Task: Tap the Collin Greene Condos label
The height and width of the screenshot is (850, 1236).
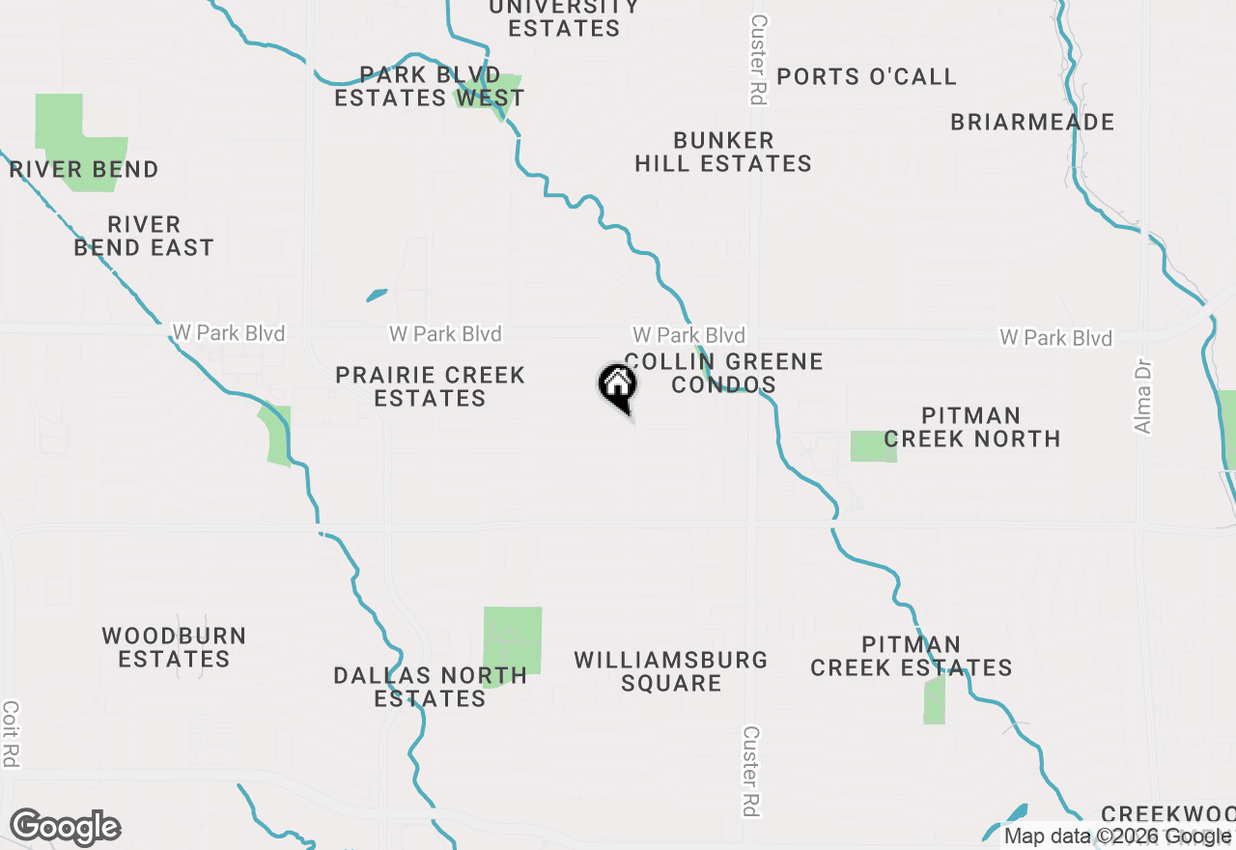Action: pyautogui.click(x=723, y=374)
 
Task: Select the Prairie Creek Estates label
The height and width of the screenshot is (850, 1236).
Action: pyautogui.click(x=431, y=386)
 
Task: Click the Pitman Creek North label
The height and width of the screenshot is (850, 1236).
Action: pyautogui.click(x=971, y=427)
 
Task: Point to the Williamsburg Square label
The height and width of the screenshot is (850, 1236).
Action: pyautogui.click(x=671, y=672)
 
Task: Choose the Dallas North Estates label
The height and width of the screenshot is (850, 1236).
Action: pyautogui.click(x=431, y=687)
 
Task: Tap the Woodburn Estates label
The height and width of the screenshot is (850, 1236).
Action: pyautogui.click(x=174, y=648)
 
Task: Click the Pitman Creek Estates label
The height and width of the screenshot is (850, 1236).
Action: pyautogui.click(x=911, y=656)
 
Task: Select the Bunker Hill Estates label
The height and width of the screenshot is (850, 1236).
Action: pyautogui.click(x=723, y=153)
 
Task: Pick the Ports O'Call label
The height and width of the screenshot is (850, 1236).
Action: pyautogui.click(x=866, y=77)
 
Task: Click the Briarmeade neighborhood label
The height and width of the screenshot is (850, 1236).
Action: pyautogui.click(x=1032, y=123)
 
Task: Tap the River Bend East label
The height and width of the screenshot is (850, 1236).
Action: pyautogui.click(x=144, y=237)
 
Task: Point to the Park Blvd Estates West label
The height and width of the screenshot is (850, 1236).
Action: pyautogui.click(x=429, y=87)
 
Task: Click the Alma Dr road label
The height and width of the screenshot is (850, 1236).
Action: pyautogui.click(x=1144, y=398)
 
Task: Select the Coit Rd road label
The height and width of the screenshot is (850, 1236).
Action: pyautogui.click(x=11, y=734)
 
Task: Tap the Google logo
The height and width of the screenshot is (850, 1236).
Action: pyautogui.click(x=65, y=828)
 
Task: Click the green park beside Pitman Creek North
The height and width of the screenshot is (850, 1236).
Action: pyautogui.click(x=873, y=446)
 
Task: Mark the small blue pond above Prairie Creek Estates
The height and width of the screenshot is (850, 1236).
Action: pyautogui.click(x=377, y=295)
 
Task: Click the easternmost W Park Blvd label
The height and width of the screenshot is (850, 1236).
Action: pyautogui.click(x=1055, y=338)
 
